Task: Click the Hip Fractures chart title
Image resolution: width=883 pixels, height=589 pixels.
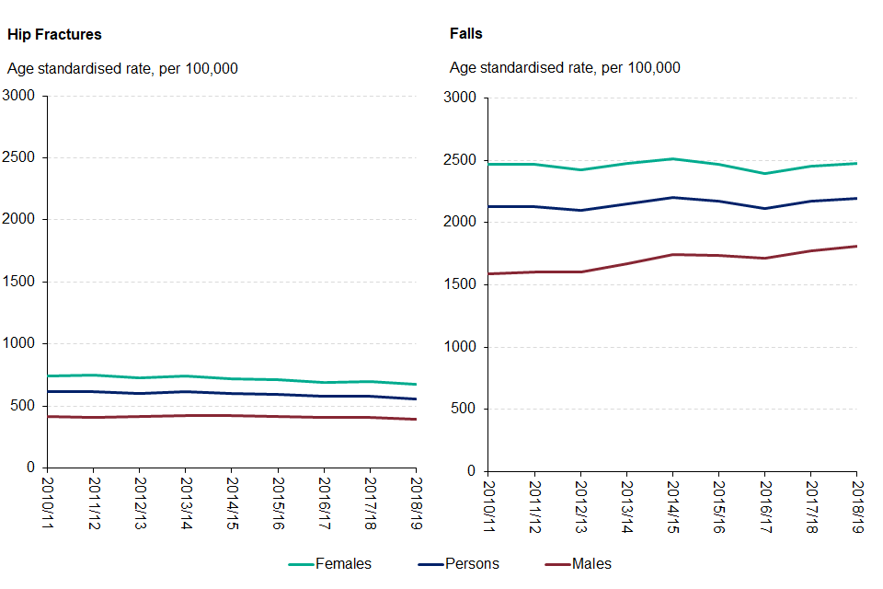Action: [54, 34]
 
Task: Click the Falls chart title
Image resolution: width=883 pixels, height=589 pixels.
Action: [465, 34]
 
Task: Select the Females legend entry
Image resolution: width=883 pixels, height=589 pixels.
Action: [343, 563]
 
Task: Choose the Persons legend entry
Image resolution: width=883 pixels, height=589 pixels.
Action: [471, 563]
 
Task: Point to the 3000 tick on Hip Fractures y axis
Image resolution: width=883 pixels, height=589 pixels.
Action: [19, 96]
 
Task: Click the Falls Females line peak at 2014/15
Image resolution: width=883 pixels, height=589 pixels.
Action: [672, 159]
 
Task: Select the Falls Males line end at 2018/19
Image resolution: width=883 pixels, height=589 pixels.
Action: [856, 246]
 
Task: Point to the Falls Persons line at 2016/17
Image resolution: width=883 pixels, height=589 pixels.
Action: [764, 208]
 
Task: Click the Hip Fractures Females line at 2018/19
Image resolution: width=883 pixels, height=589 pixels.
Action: [416, 384]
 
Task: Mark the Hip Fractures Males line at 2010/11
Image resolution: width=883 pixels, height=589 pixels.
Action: [49, 417]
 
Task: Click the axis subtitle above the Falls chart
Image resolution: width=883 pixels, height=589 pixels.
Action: [564, 67]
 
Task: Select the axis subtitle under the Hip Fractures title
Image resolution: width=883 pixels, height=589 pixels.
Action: [122, 67]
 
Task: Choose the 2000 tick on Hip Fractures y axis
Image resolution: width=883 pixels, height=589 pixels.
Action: [19, 220]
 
